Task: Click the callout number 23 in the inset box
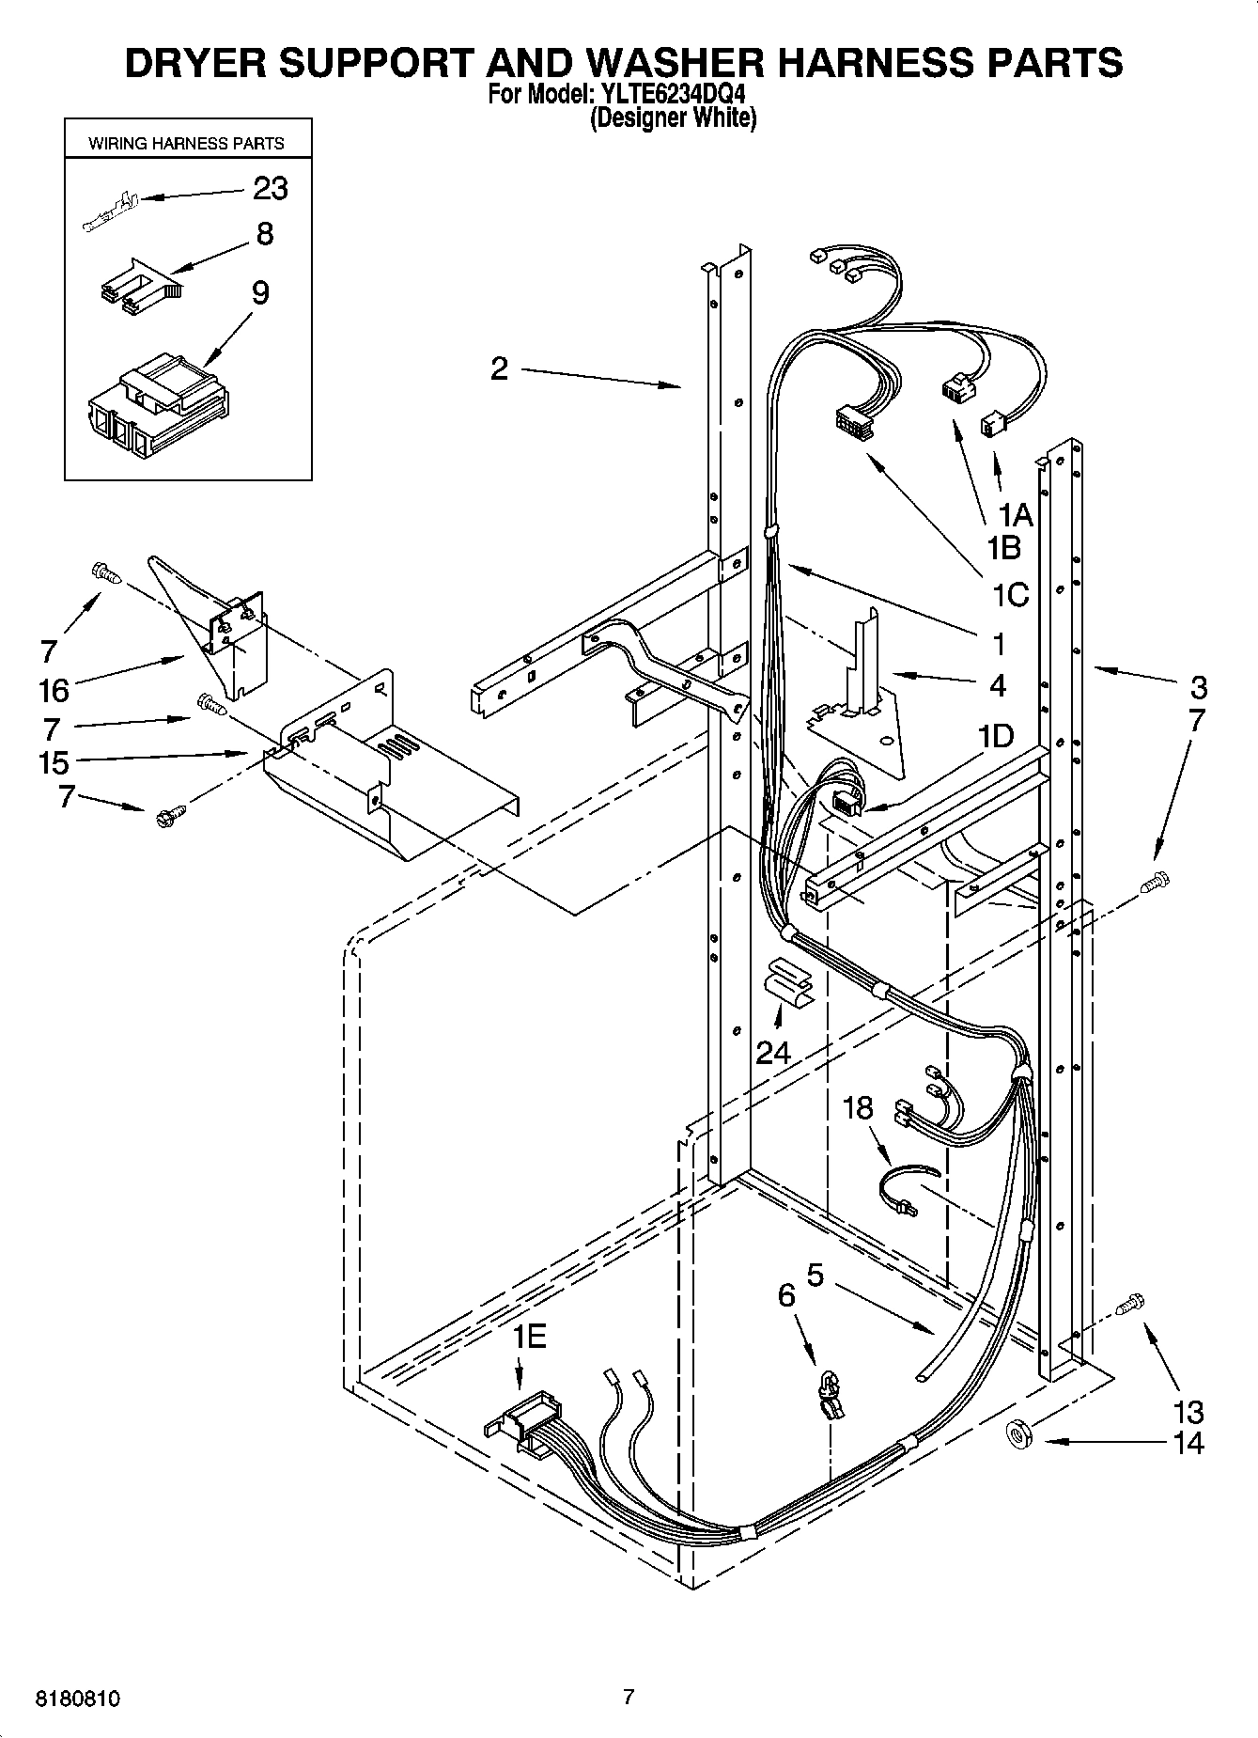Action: point(271,189)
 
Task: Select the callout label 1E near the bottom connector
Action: point(529,1336)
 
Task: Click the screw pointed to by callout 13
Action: point(1131,1305)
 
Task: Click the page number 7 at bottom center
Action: point(629,1697)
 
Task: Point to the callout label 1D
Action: point(995,736)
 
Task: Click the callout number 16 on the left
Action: point(54,691)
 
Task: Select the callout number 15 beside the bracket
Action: point(54,761)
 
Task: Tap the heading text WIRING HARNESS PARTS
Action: point(186,144)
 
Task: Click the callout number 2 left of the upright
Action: point(499,368)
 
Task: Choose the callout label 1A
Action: point(1015,515)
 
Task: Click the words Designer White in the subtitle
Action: point(673,118)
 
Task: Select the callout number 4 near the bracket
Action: point(997,685)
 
